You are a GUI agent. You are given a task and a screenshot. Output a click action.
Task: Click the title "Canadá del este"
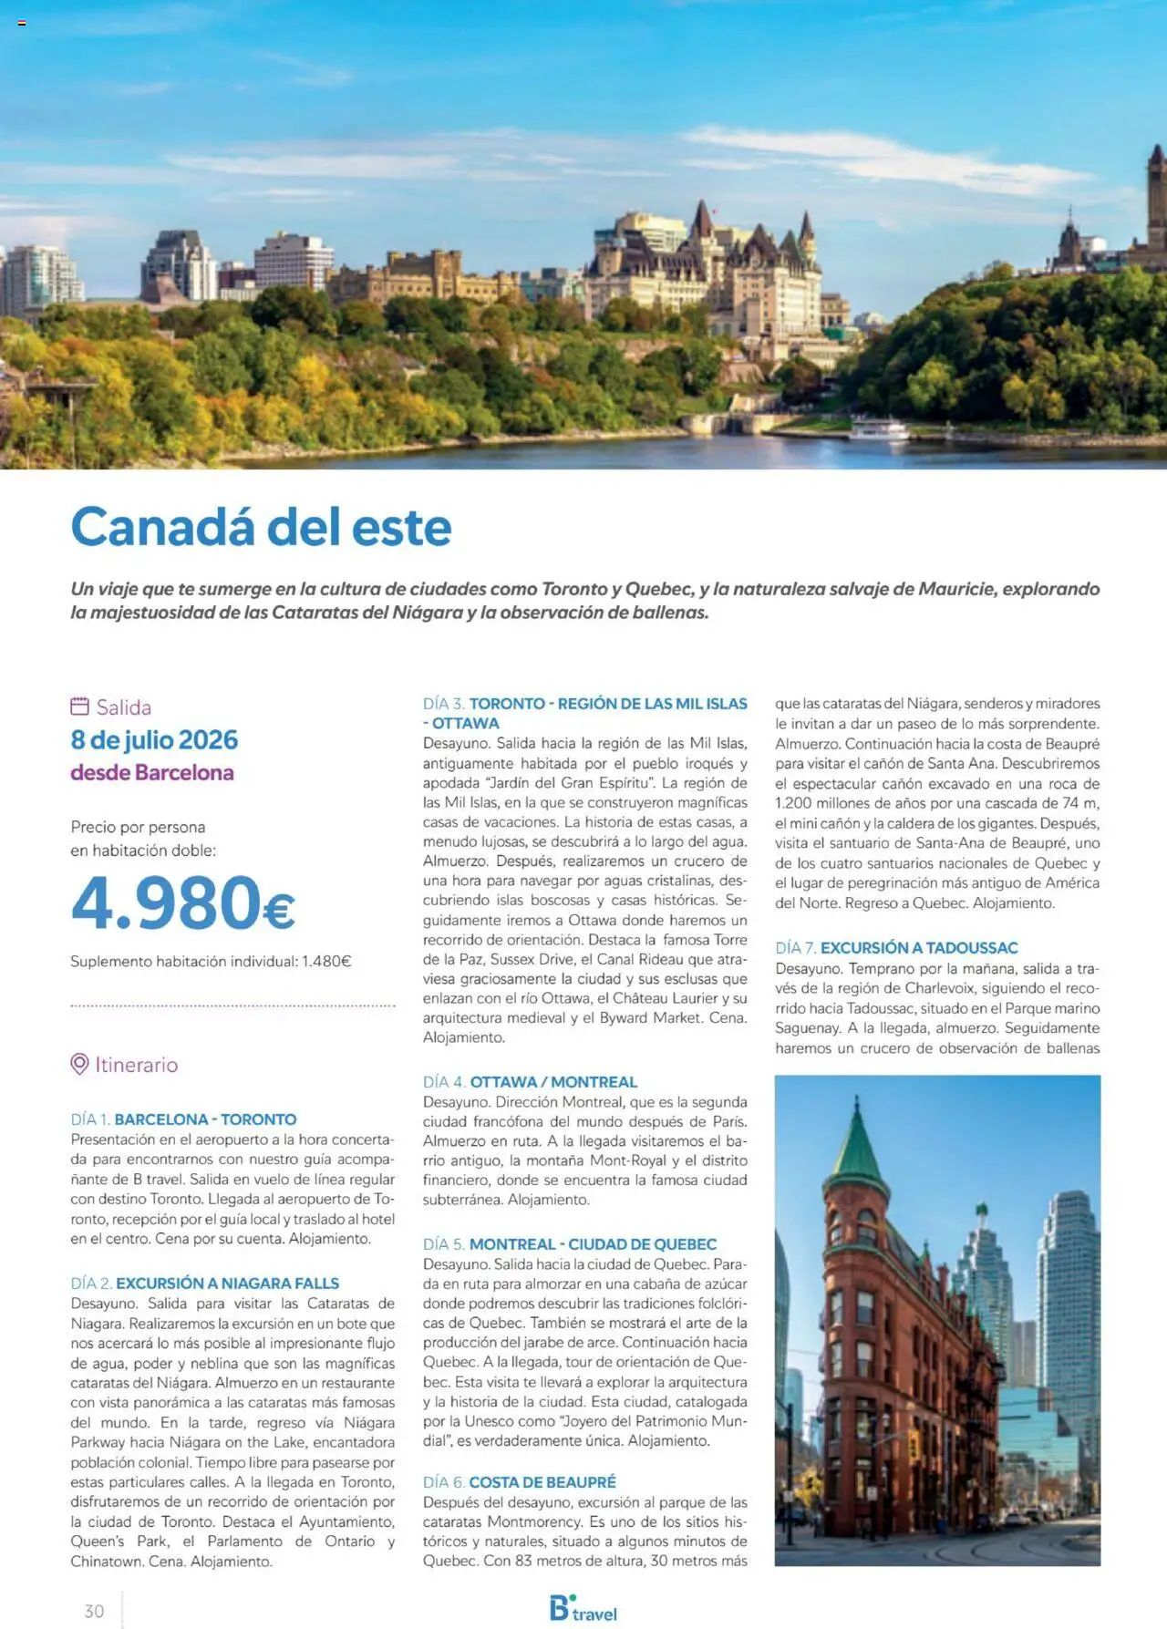[261, 527]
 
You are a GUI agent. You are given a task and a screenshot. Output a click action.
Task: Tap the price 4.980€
[182, 902]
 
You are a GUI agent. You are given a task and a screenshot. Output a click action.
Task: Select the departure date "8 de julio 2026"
[154, 739]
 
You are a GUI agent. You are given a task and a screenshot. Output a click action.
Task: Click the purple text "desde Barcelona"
[152, 772]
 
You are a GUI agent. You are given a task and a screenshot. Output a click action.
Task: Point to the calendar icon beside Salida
[80, 706]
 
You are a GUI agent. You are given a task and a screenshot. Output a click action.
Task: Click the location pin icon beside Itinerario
[79, 1064]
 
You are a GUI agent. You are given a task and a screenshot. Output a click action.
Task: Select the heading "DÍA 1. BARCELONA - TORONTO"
[183, 1119]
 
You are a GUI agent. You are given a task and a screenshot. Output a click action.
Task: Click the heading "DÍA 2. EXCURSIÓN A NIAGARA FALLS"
[204, 1283]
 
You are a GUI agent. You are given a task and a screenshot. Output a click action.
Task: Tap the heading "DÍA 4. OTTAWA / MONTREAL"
[530, 1081]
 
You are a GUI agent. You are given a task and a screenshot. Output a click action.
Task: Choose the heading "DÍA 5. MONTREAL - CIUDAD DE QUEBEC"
[569, 1243]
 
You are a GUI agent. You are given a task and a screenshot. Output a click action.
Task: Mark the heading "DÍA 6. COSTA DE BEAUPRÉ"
[519, 1481]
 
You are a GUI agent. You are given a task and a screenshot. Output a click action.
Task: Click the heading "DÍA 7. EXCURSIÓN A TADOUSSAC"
[896, 947]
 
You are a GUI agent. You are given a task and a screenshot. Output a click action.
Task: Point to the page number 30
[94, 1611]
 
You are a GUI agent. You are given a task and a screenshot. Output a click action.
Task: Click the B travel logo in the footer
[583, 1609]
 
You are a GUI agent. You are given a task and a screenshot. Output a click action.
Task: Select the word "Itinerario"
[137, 1064]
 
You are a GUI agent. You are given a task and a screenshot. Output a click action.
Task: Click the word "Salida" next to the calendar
[124, 706]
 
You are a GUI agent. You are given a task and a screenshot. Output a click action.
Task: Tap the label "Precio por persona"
[138, 827]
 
